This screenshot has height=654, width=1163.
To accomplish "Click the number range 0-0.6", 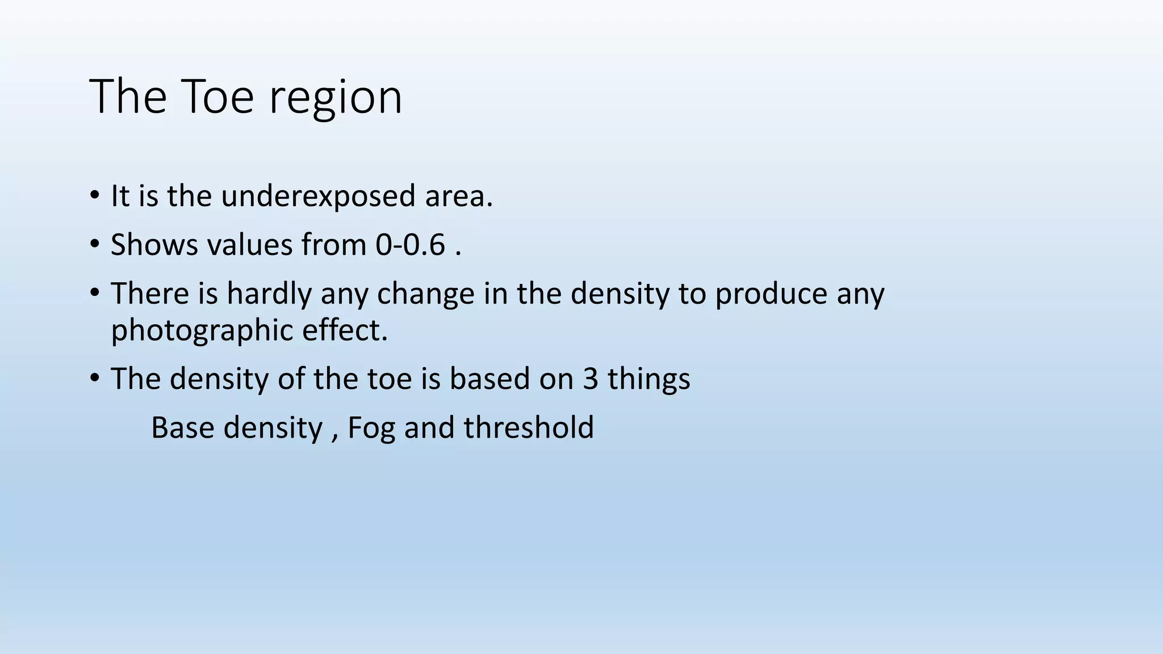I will click(410, 245).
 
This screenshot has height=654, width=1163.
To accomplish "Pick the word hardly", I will click(269, 294).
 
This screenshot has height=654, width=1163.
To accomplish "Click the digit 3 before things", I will click(591, 379).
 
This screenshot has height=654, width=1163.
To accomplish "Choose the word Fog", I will click(371, 428).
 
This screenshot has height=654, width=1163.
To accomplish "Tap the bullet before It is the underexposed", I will click(94, 196).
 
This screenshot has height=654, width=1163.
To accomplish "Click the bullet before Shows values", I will click(94, 245).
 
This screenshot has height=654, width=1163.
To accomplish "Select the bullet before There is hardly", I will click(94, 294).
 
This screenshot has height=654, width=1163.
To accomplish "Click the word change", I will click(425, 295).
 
